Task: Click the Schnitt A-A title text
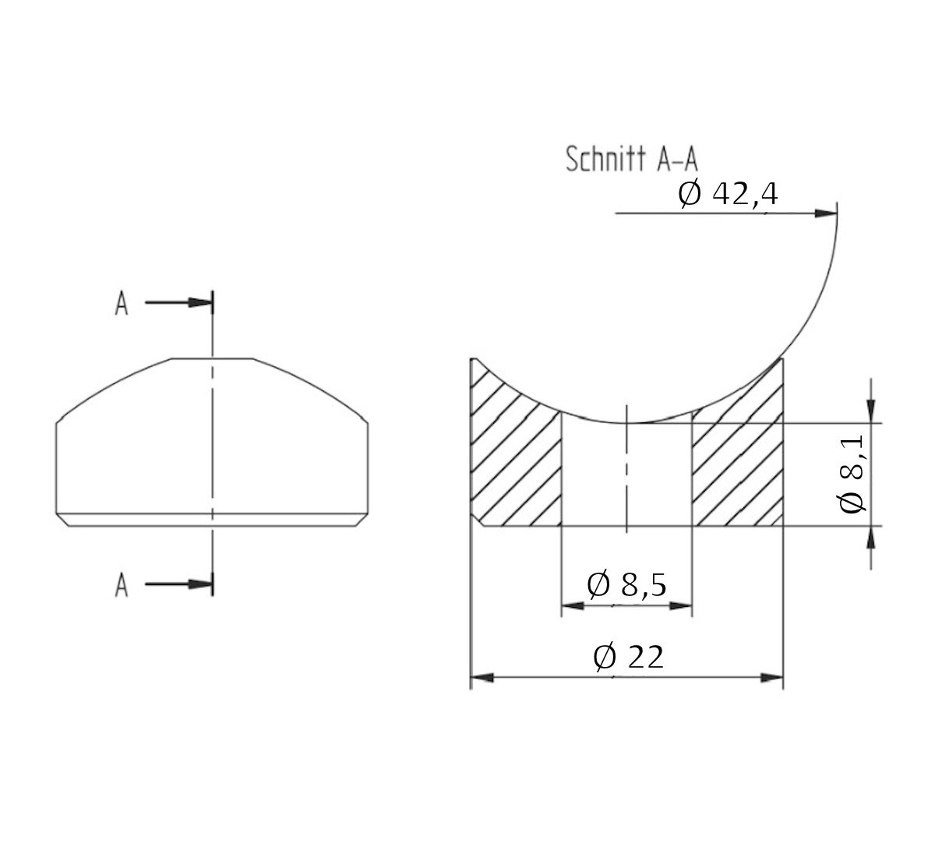[x=632, y=159]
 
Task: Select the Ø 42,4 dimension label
[x=728, y=194]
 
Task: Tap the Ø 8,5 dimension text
[x=626, y=584]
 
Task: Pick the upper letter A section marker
[x=122, y=304]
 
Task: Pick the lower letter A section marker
[x=122, y=584]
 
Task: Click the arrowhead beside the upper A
[x=201, y=303]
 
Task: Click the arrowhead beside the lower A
[x=201, y=584]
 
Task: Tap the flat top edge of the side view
[x=212, y=359]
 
